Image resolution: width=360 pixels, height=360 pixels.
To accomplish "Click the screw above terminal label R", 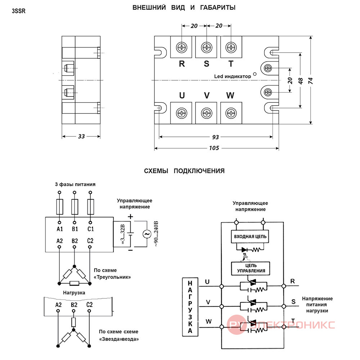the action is pyautogui.click(x=181, y=48).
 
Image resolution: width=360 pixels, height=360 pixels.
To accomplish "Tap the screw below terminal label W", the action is pyautogui.click(x=231, y=113).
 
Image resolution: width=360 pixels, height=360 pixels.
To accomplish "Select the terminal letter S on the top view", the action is pyautogui.click(x=207, y=64).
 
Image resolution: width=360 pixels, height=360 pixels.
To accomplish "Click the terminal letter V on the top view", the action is pyautogui.click(x=207, y=95).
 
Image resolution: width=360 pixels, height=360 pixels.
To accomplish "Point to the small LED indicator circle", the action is pyautogui.click(x=255, y=74).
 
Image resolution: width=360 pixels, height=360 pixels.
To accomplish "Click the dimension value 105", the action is pyautogui.click(x=214, y=148).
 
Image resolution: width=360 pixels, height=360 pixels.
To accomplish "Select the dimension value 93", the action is pyautogui.click(x=215, y=137).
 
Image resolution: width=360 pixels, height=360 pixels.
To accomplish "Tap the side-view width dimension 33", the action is pyautogui.click(x=81, y=136).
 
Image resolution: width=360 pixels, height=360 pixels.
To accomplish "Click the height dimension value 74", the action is pyautogui.click(x=310, y=81).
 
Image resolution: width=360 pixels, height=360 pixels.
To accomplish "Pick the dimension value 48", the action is pyautogui.click(x=301, y=81).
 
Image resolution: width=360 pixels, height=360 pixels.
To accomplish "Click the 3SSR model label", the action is pyautogui.click(x=19, y=11).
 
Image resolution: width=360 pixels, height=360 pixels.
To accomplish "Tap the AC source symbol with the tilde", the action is pyautogui.click(x=147, y=234).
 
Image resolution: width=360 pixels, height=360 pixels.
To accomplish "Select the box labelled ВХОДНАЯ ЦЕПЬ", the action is pyautogui.click(x=250, y=237).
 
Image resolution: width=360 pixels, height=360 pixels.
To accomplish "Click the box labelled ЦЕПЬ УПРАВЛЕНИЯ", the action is pyautogui.click(x=251, y=269).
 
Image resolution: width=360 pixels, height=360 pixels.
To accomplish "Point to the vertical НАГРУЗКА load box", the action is pyautogui.click(x=190, y=307).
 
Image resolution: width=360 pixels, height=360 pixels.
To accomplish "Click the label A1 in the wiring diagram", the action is pyautogui.click(x=59, y=229).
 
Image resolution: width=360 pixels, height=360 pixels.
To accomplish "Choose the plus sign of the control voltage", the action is pyautogui.click(x=130, y=216).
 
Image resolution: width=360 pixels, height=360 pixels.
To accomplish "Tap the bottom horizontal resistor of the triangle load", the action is pyautogui.click(x=75, y=283).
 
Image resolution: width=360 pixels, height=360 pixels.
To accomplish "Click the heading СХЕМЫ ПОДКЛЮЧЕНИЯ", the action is pyautogui.click(x=184, y=171).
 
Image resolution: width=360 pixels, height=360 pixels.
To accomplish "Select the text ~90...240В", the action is pyautogui.click(x=156, y=234).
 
